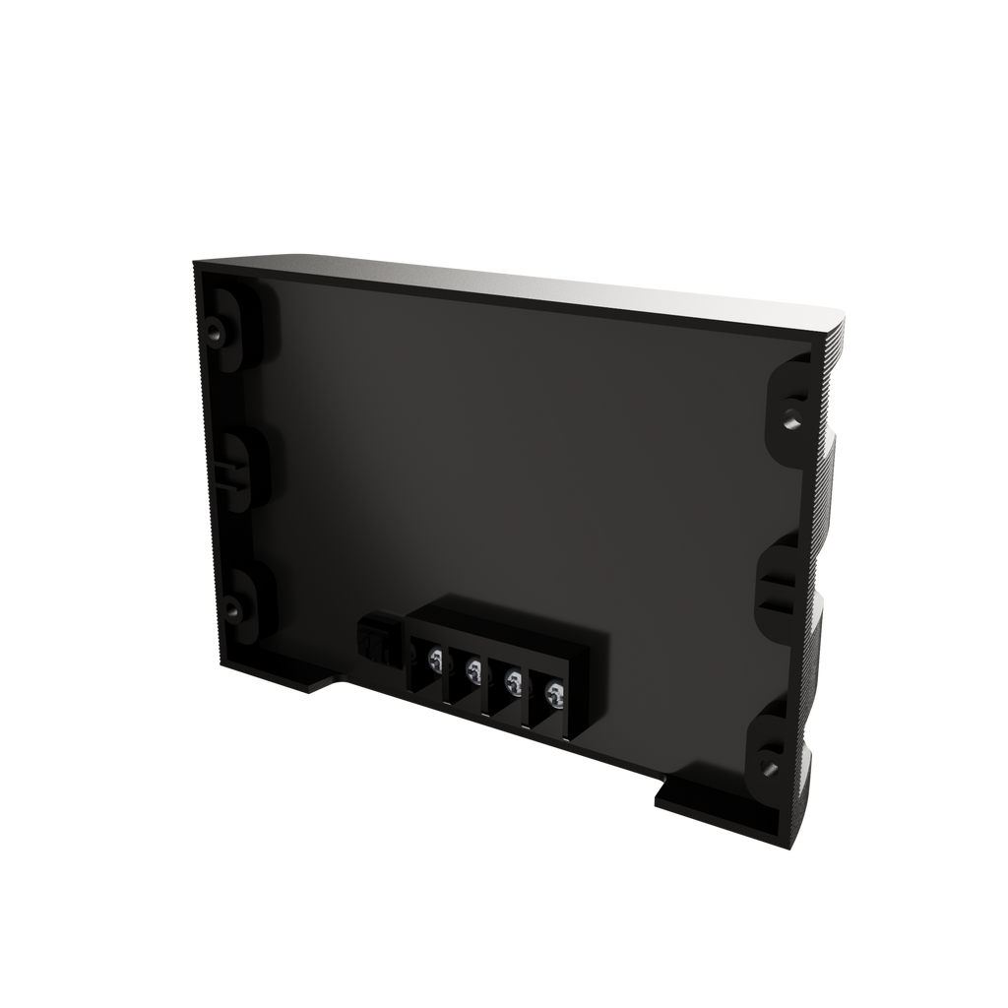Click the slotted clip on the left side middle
click(x=224, y=472)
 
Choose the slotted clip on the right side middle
click(x=778, y=595)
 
